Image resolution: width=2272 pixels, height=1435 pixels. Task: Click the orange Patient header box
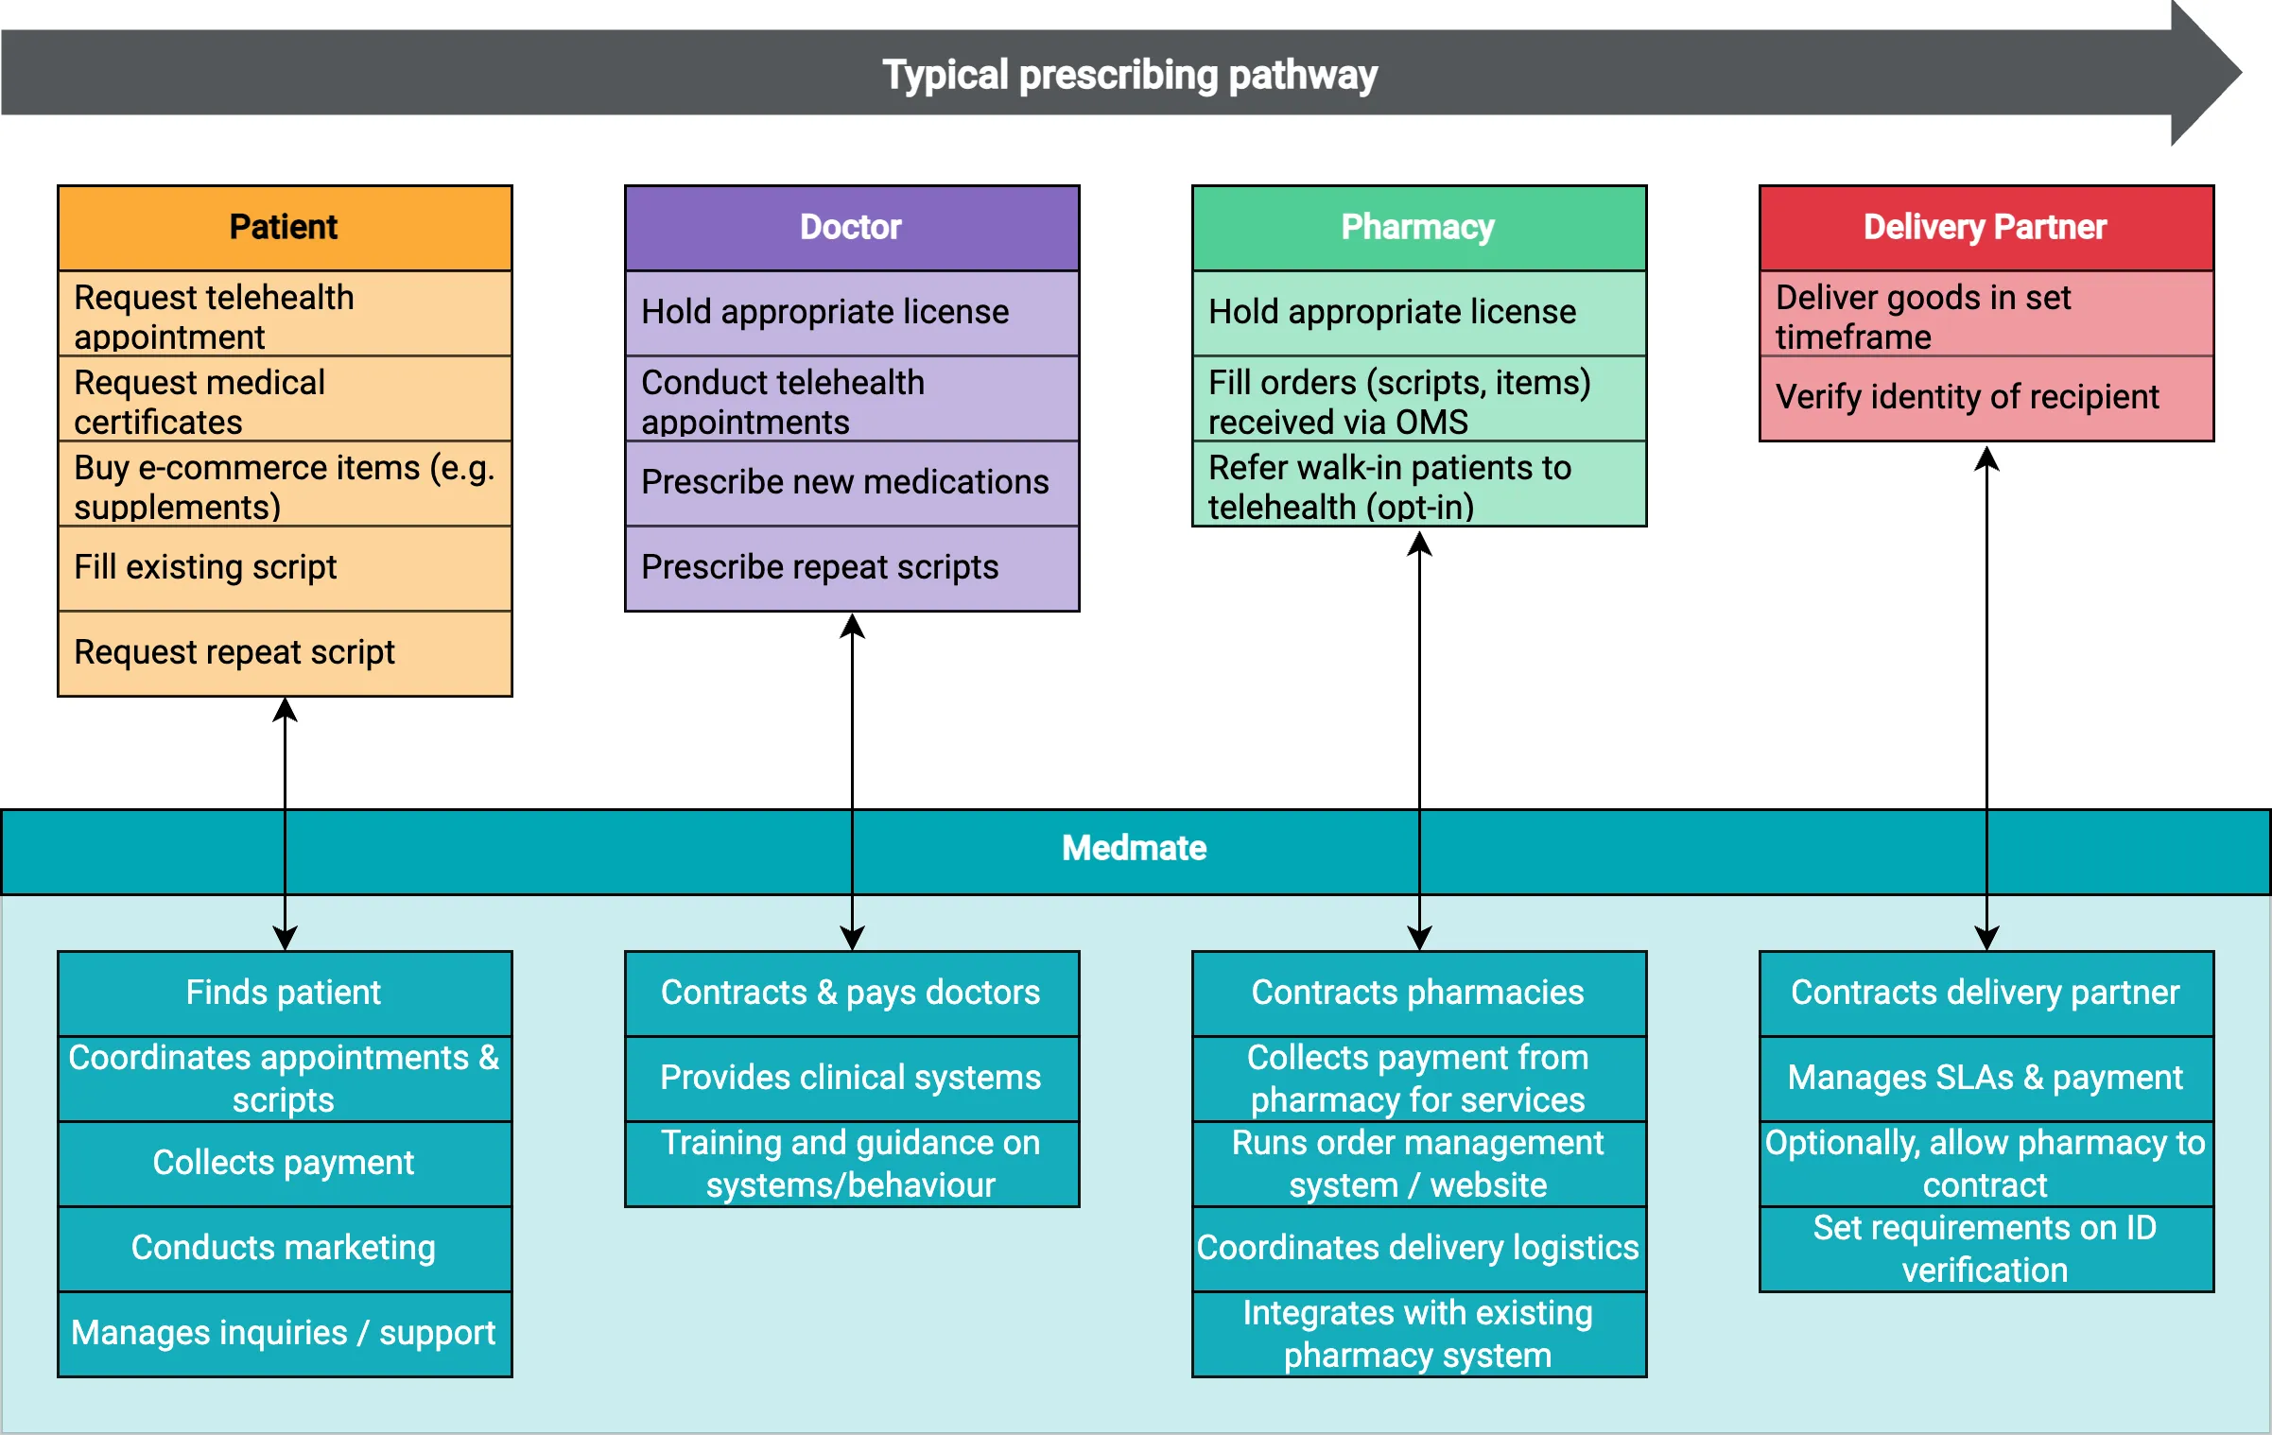pyautogui.click(x=284, y=228)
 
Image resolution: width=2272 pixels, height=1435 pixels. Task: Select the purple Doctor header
pyautogui.click(x=851, y=228)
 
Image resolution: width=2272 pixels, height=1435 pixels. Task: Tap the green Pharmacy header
pyautogui.click(x=1418, y=228)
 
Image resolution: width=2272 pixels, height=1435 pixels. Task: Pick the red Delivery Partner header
pyautogui.click(x=1986, y=228)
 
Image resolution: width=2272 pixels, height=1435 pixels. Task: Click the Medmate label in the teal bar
pyautogui.click(x=1134, y=848)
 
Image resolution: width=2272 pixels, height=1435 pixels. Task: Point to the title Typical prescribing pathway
pyautogui.click(x=1129, y=75)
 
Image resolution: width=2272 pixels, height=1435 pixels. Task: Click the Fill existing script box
pyautogui.click(x=284, y=567)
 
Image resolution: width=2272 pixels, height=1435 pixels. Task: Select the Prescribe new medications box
pyautogui.click(x=851, y=482)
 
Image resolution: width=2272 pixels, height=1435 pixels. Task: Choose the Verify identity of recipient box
pyautogui.click(x=1986, y=397)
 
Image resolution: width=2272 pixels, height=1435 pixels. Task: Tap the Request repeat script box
pyautogui.click(x=284, y=652)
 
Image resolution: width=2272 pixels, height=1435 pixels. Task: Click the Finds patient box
pyautogui.click(x=284, y=993)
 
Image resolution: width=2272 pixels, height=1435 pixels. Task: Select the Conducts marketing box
pyautogui.click(x=284, y=1248)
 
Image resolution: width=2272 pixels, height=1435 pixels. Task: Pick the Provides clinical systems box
pyautogui.click(x=851, y=1078)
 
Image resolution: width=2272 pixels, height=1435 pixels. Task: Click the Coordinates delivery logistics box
pyautogui.click(x=1418, y=1248)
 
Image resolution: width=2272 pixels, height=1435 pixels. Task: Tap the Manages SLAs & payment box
pyautogui.click(x=1986, y=1078)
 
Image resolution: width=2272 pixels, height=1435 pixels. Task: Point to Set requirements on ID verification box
pyautogui.click(x=1986, y=1249)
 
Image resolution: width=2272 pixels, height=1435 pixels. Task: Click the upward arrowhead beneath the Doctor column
pyautogui.click(x=852, y=627)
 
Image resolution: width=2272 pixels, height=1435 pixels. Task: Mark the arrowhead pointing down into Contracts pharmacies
pyautogui.click(x=1419, y=938)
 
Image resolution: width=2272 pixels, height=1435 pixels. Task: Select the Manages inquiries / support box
pyautogui.click(x=284, y=1333)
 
